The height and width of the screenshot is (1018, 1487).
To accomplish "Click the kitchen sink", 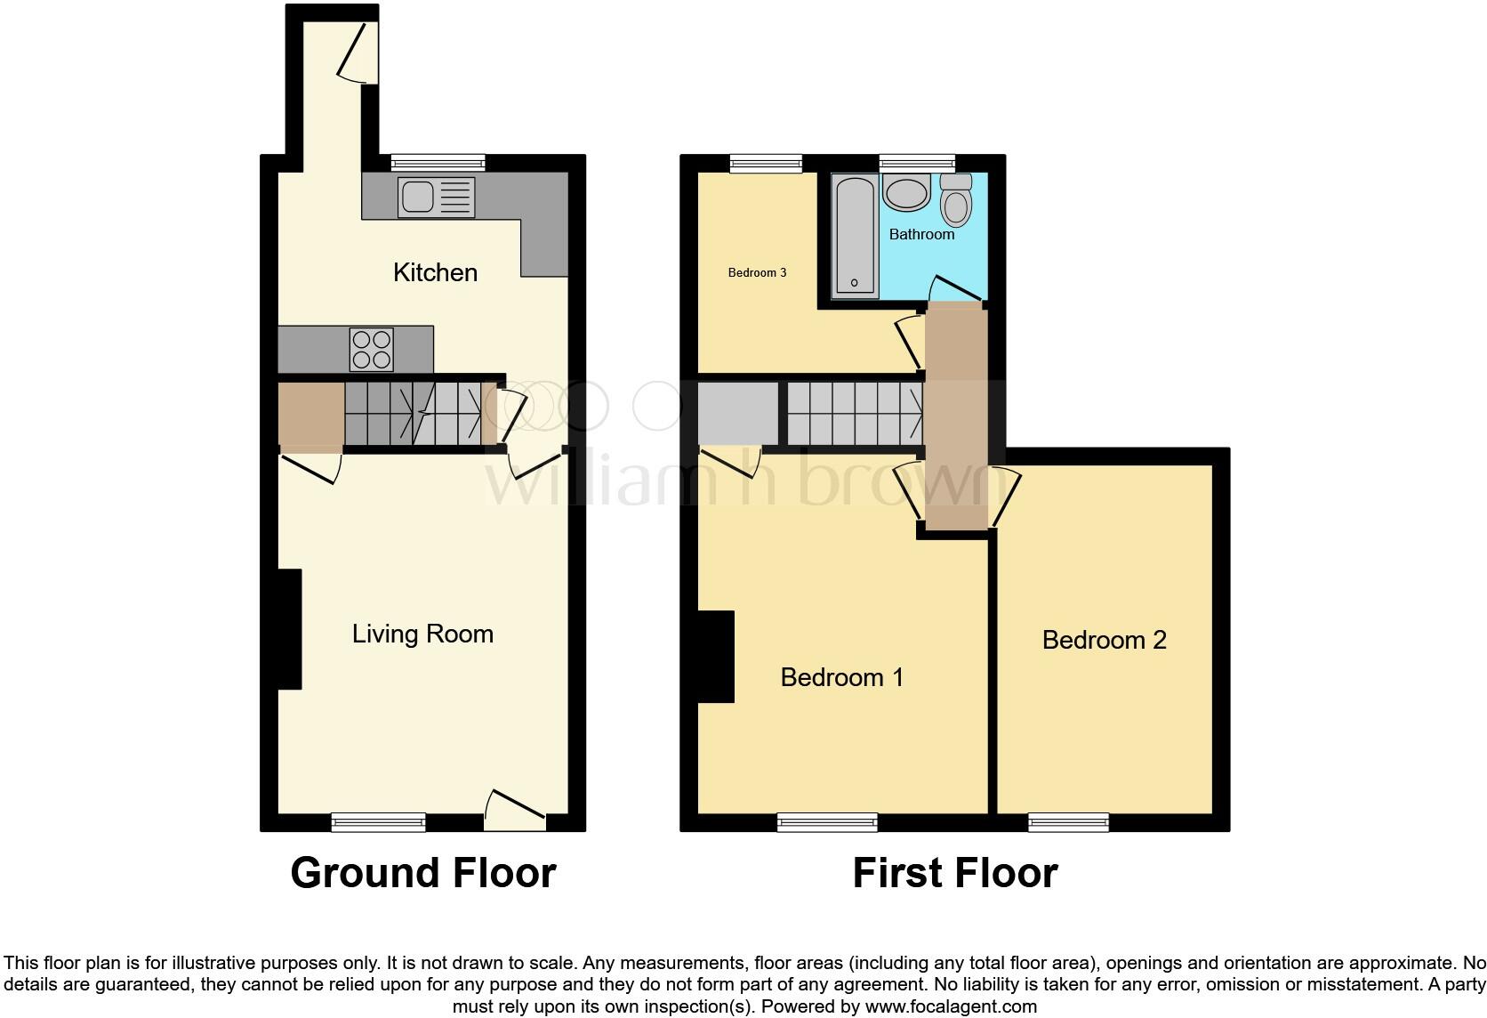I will [437, 197].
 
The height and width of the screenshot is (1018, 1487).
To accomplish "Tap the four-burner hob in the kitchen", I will [372, 349].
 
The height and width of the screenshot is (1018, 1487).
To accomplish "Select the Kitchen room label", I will [435, 272].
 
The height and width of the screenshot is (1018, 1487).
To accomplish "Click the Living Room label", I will [422, 634].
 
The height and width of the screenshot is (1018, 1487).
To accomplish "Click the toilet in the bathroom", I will [956, 200].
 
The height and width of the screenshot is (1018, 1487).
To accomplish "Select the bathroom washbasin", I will [906, 193].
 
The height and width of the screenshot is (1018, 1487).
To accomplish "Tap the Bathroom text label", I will [921, 234].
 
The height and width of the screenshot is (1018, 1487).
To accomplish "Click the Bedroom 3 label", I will [757, 272].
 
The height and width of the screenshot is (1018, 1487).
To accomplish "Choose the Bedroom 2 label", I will [1104, 640].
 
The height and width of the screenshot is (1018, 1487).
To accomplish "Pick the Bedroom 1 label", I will [841, 677].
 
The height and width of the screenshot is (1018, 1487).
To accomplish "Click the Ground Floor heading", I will [423, 873].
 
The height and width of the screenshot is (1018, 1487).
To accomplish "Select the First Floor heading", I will [954, 873].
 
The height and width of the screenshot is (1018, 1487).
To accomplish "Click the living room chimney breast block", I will [289, 628].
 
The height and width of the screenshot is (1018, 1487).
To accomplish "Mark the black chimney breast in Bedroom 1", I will [716, 657].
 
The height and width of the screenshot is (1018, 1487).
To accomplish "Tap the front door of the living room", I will [515, 812].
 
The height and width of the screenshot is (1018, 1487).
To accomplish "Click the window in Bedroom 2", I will [1068, 822].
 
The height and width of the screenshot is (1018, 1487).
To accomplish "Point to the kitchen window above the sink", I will [438, 163].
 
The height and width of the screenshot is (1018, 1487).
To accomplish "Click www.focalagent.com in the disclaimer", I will [951, 1007].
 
